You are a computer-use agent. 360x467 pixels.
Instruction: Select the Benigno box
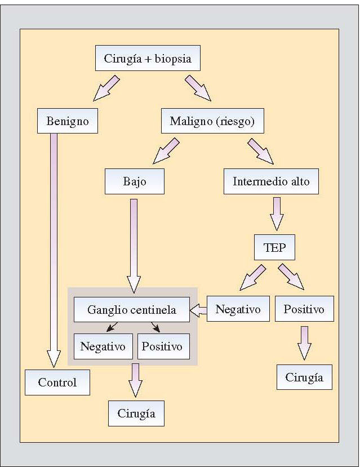tap(67, 121)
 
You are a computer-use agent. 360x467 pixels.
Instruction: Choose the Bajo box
tap(134, 182)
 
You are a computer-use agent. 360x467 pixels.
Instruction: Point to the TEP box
tap(275, 247)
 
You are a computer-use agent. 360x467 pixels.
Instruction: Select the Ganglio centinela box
tap(131, 309)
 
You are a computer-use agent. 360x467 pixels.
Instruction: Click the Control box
tap(57, 383)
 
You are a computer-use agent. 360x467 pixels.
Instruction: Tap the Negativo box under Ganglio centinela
tap(103, 346)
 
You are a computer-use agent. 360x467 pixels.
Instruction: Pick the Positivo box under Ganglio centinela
tap(163, 346)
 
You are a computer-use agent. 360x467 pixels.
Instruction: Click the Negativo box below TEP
tap(238, 309)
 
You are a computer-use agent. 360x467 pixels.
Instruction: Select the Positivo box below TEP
tap(304, 309)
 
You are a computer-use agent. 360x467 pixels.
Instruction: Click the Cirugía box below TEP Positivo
tap(304, 377)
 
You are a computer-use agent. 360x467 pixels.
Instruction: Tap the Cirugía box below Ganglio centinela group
tap(136, 413)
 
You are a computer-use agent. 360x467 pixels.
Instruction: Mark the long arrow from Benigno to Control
tap(54, 248)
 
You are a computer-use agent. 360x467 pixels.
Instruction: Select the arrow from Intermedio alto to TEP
tap(276, 213)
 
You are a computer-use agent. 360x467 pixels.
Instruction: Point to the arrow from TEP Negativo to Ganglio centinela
tap(198, 309)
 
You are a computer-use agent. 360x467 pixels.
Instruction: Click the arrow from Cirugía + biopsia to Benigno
tap(107, 88)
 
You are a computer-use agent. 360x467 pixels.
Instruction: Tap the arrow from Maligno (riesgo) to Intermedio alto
tap(260, 150)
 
